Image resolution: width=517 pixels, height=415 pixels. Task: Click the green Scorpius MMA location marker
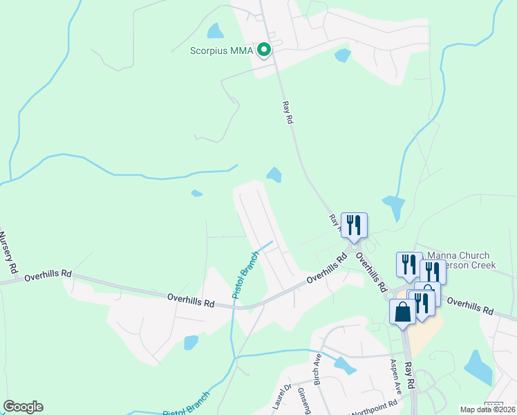click(x=263, y=50)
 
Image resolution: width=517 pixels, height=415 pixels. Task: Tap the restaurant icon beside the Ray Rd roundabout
click(x=354, y=224)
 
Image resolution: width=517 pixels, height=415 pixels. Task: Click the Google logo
click(x=23, y=407)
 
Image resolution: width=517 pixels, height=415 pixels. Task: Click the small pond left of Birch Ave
click(x=191, y=342)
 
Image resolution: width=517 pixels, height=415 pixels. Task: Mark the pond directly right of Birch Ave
click(x=344, y=365)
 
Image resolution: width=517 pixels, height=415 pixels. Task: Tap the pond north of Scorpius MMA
click(x=216, y=30)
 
